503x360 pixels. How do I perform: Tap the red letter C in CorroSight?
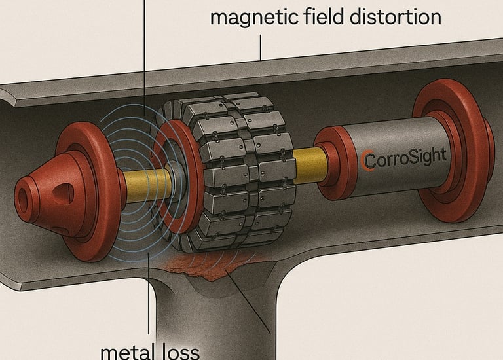[x=367, y=159]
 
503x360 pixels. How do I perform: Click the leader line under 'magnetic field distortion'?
[x=260, y=47]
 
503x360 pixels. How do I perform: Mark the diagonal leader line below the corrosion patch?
[x=252, y=308]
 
